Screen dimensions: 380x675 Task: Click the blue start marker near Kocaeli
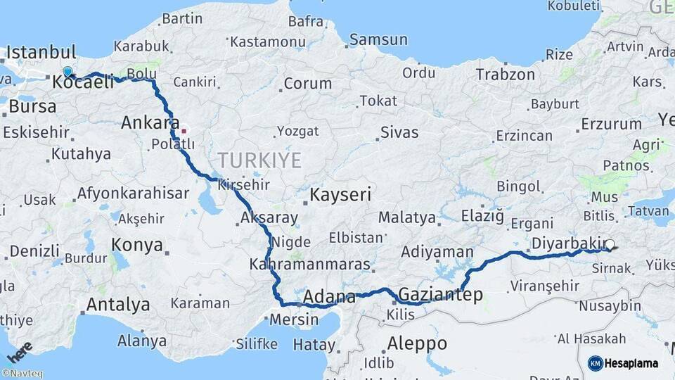pos(67,72)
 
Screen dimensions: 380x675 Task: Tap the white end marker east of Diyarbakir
pos(610,245)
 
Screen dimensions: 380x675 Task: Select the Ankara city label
pos(150,122)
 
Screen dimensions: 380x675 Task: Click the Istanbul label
pos(41,53)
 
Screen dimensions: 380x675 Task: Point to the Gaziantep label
pos(441,294)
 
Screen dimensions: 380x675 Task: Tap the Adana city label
pos(329,296)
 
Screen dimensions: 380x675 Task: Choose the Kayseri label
pos(340,194)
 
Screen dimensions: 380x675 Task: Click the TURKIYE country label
pos(259,160)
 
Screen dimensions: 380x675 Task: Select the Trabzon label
pos(505,75)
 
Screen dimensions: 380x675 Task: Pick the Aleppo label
pos(417,343)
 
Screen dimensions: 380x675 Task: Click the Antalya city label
pos(117,305)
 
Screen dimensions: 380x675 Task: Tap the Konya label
pos(137,246)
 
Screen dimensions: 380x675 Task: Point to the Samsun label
pos(378,39)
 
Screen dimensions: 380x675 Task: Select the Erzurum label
pos(611,125)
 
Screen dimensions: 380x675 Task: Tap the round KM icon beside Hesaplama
pos(596,363)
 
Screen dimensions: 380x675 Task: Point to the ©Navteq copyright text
pos(22,374)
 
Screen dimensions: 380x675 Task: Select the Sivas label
pos(399,132)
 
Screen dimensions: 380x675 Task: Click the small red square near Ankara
pos(184,131)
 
